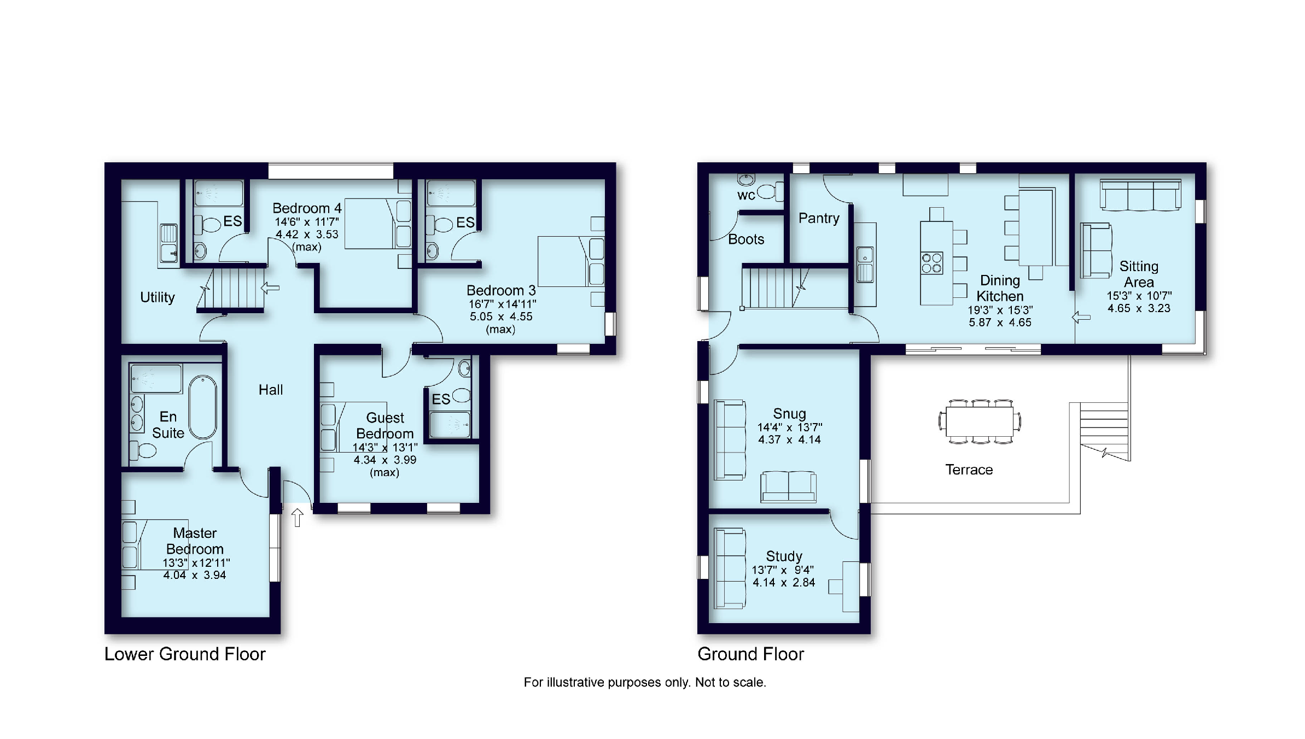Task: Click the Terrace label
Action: pos(969,470)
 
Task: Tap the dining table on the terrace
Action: pos(980,421)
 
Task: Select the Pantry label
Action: pos(819,218)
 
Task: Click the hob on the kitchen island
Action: pos(932,262)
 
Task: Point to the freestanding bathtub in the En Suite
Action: pos(203,407)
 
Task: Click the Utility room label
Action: pos(158,297)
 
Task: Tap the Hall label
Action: pos(271,390)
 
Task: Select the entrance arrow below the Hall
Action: pos(297,517)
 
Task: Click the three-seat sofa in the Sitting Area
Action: pos(1140,195)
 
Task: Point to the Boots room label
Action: pos(746,239)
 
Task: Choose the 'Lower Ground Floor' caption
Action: pos(185,654)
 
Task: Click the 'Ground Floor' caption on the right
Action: pos(751,654)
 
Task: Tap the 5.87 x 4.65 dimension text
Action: pos(1000,322)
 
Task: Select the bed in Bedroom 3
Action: pos(571,261)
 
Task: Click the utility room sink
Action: pos(169,243)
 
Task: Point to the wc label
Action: pos(746,196)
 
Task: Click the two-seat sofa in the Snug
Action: pos(788,486)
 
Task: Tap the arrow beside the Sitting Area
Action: pos(1081,317)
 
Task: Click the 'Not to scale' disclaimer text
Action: pos(730,682)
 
